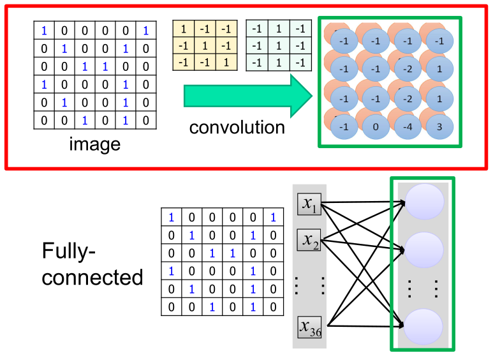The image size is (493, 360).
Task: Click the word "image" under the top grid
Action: (x=95, y=144)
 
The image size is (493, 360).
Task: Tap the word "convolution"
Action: (x=237, y=127)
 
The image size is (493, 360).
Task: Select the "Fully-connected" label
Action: (x=92, y=264)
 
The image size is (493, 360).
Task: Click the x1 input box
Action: (x=309, y=204)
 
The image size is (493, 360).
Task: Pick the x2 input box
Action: (x=309, y=240)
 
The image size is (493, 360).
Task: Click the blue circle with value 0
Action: (x=376, y=126)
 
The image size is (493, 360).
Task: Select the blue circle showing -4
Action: (x=408, y=126)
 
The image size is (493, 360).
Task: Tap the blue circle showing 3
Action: (x=439, y=126)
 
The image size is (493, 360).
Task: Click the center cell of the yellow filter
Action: (x=205, y=45)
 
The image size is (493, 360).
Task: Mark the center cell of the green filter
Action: (x=279, y=45)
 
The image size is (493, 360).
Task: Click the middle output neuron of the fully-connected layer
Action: (x=424, y=250)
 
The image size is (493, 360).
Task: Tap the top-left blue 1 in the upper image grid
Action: (x=44, y=30)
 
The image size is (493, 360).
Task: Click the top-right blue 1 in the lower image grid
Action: (x=273, y=217)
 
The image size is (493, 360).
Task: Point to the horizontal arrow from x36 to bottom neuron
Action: (x=364, y=327)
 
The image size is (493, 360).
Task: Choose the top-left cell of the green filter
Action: (x=257, y=29)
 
